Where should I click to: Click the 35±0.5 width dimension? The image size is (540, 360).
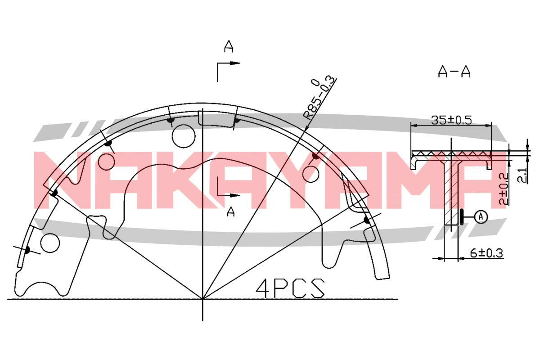coord(451,120)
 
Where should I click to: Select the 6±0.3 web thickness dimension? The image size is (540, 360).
coord(486,253)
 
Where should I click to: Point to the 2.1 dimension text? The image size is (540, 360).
coord(522,175)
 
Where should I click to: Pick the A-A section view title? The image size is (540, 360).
coord(454,72)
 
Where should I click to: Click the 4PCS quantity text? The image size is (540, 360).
coord(290,288)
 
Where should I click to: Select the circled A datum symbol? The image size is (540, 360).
coord(481,217)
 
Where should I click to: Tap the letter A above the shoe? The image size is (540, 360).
coord(229,46)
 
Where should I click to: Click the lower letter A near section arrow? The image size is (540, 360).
coord(231,212)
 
